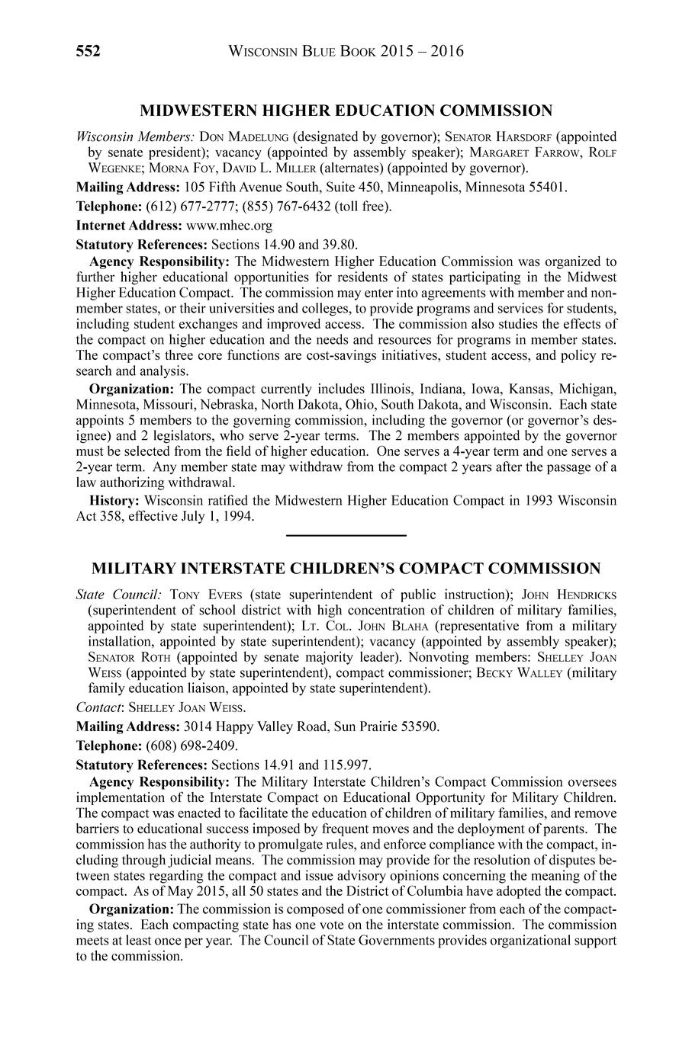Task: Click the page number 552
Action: (x=89, y=52)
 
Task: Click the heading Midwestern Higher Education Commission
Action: (x=346, y=111)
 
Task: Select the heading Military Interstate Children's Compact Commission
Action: (x=346, y=569)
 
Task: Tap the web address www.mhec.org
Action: (x=228, y=226)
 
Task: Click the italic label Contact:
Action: (x=101, y=707)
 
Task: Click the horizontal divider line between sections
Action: (x=346, y=536)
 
